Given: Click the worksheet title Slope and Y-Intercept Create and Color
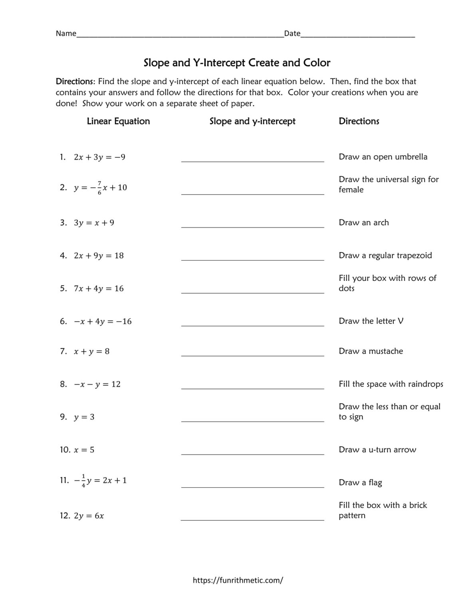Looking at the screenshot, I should [x=237, y=63].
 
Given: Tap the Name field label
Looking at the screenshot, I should [x=66, y=34].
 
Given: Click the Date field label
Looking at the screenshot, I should [x=292, y=34].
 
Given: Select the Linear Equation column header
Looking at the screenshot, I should [x=118, y=121].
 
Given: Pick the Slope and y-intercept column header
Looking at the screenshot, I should [x=252, y=121].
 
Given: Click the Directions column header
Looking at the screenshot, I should [x=359, y=121].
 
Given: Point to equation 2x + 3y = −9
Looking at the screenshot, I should [x=99, y=157].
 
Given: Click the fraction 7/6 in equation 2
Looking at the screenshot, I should [x=99, y=187].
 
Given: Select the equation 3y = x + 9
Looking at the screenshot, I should [x=94, y=223].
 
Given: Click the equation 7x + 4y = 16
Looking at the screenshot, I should [x=99, y=289].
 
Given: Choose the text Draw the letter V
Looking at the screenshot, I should [x=371, y=321].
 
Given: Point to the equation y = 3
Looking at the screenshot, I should [x=84, y=417].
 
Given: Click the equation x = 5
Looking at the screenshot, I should [x=84, y=450].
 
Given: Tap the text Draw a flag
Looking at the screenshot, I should [x=360, y=482].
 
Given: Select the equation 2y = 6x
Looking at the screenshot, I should [x=89, y=516].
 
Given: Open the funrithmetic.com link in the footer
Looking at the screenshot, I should [x=238, y=580].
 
